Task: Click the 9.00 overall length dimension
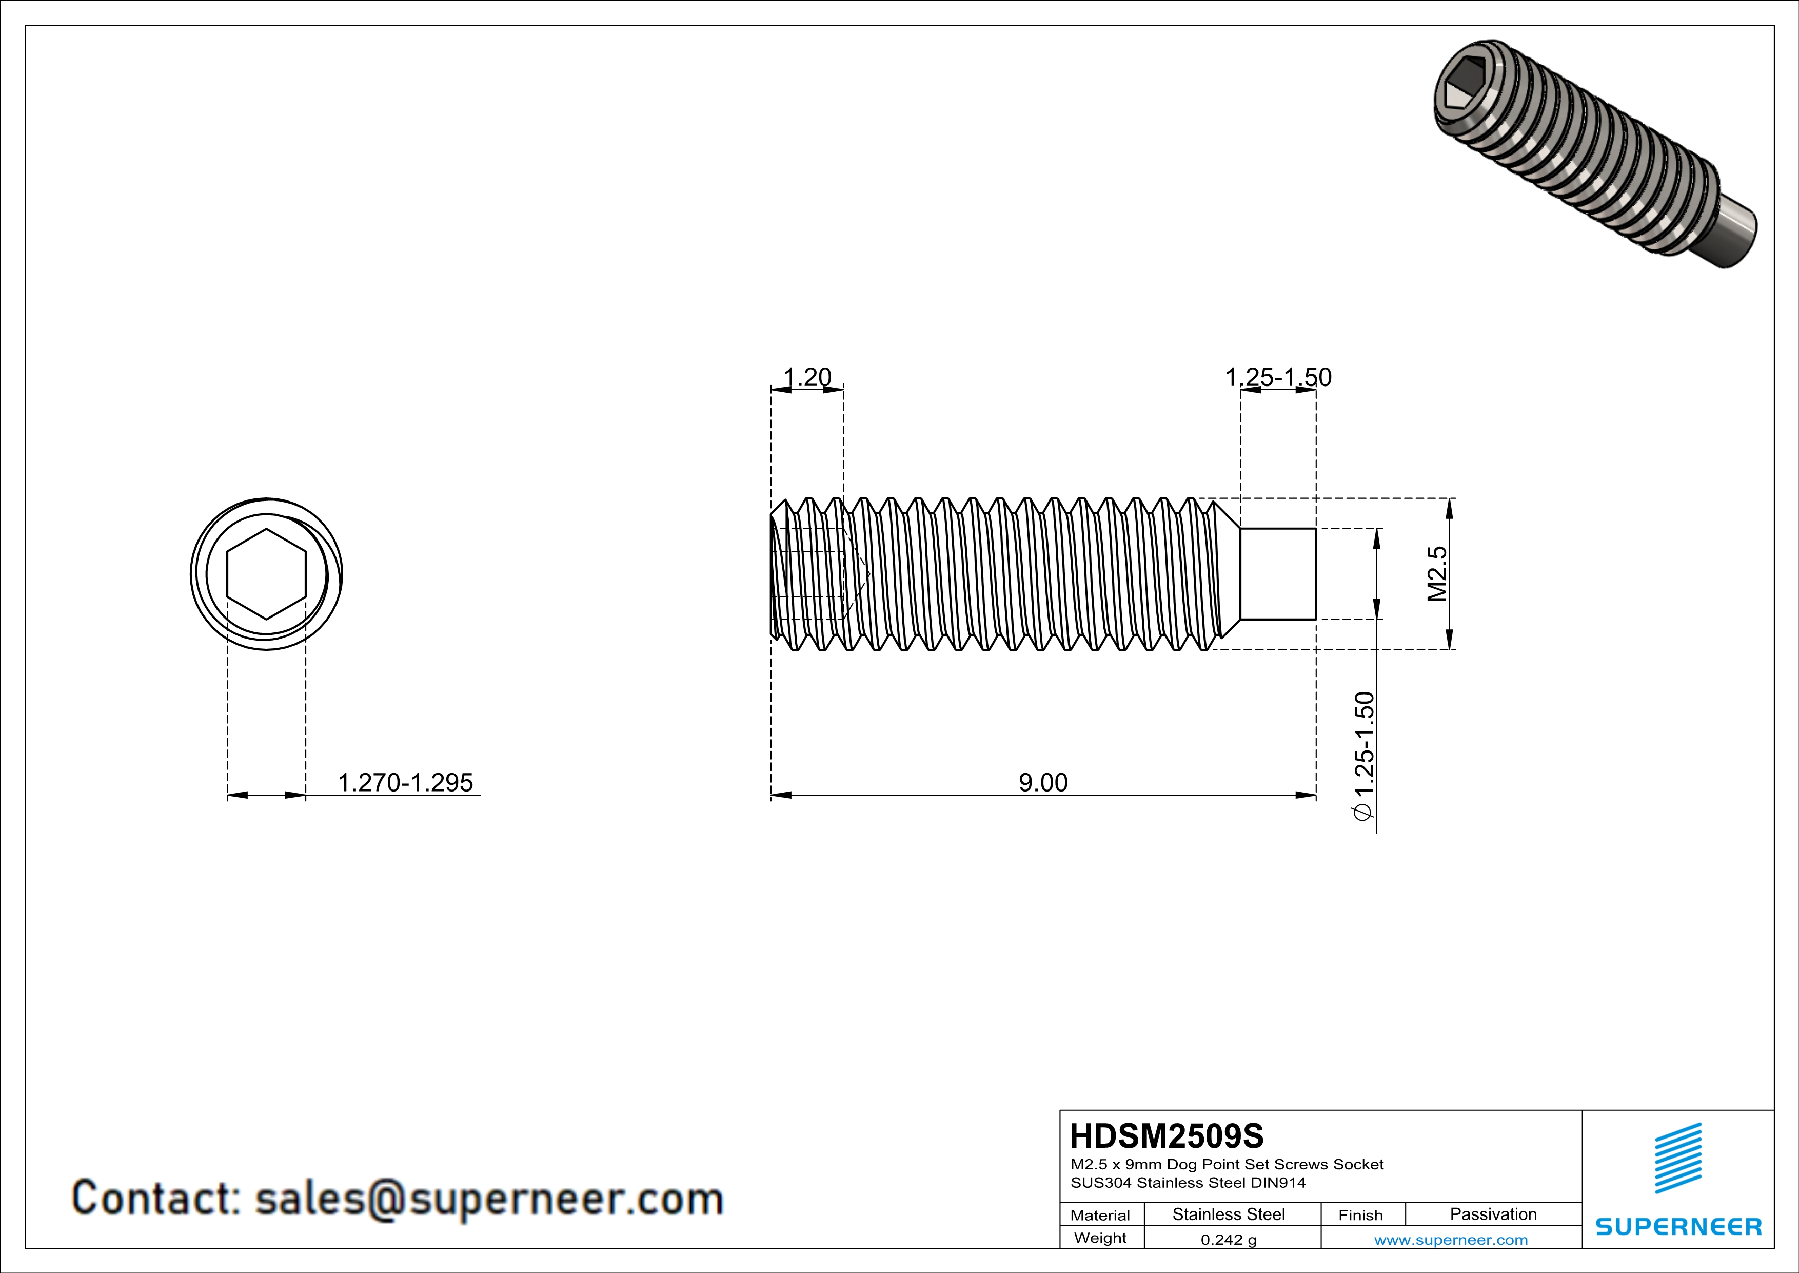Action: [x=1043, y=782]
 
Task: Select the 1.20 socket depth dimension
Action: [x=807, y=378]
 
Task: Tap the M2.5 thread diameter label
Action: [x=1437, y=574]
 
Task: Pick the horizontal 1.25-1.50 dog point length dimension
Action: [x=1278, y=378]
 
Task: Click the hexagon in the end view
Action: [x=266, y=574]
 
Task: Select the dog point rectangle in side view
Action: [x=1277, y=574]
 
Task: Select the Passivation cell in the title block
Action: [x=1493, y=1214]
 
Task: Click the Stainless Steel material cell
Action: [x=1229, y=1214]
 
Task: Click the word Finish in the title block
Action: [x=1360, y=1215]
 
